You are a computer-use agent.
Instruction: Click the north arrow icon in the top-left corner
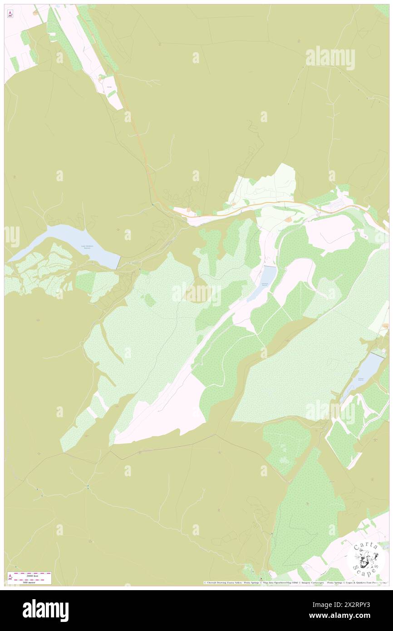point(10,14)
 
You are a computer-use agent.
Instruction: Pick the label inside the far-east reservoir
point(361,379)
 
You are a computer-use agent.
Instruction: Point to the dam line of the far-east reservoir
point(378,354)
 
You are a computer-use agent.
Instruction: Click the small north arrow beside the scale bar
point(10,578)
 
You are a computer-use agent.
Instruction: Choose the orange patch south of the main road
point(289,219)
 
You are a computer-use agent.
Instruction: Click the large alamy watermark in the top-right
point(330,58)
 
